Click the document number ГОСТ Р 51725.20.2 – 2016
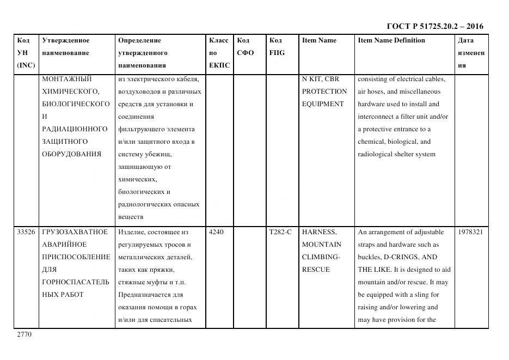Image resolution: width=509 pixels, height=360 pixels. pyautogui.click(x=434, y=26)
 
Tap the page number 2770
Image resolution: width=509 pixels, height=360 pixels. pyautogui.click(x=24, y=334)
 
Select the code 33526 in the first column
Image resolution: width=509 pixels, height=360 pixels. pyautogui.click(x=27, y=232)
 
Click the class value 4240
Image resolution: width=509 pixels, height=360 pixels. pyautogui.click(x=216, y=232)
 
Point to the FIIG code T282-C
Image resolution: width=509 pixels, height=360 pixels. pyautogui.click(x=280, y=232)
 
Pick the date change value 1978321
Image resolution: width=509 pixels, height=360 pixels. pyautogui.click(x=471, y=232)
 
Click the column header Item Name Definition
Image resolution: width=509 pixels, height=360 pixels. pyautogui.click(x=391, y=40)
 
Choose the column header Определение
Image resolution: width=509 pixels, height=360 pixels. pyautogui.click(x=139, y=40)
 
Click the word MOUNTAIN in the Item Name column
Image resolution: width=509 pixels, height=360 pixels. pyautogui.click(x=322, y=245)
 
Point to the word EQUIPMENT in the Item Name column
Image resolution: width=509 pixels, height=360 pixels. pyautogui.click(x=323, y=104)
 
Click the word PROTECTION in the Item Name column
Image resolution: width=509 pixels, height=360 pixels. pyautogui.click(x=324, y=91)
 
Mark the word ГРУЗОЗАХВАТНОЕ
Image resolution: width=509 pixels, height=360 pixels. pyautogui.click(x=75, y=232)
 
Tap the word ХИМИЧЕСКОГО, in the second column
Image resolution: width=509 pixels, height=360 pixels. pyautogui.click(x=70, y=91)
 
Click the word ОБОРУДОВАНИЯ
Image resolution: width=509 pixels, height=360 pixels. pyautogui.click(x=71, y=154)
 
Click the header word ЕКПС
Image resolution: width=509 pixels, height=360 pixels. pyautogui.click(x=219, y=65)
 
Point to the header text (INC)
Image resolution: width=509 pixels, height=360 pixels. pyautogui.click(x=26, y=65)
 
